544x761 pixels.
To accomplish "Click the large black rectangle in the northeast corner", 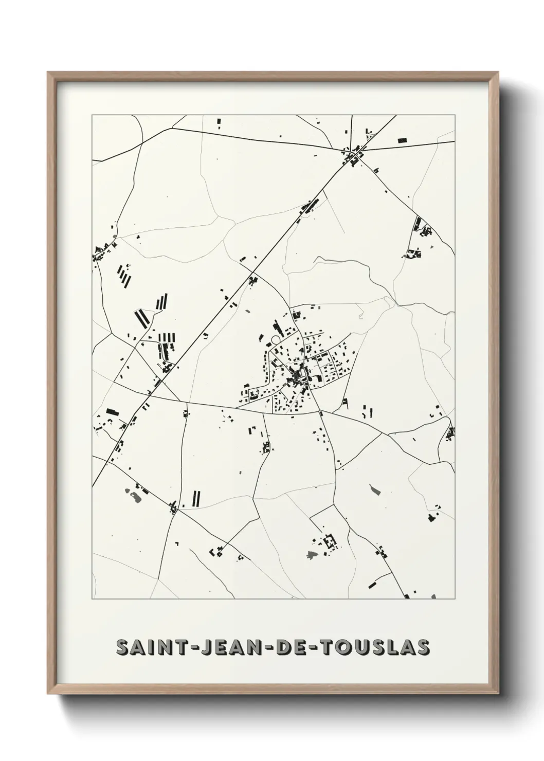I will (402, 139).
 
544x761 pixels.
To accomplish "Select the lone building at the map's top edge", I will (219, 123).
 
